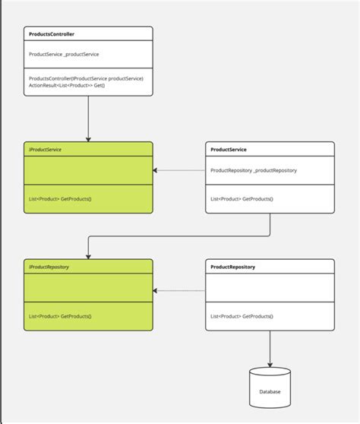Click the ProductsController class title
point(51,34)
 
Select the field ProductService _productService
point(64,54)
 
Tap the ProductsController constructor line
point(86,78)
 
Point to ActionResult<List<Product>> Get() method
point(67,87)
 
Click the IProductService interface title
point(46,150)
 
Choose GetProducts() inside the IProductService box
point(59,198)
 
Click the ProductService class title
point(228,150)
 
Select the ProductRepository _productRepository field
point(253,170)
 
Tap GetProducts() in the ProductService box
point(242,198)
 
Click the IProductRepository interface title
point(49,267)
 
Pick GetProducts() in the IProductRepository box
point(59,315)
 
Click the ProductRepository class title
point(232,267)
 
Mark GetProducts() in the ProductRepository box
point(242,315)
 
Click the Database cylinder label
point(270,391)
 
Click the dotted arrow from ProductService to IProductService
point(179,170)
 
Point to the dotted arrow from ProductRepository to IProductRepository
point(179,290)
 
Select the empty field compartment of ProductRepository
point(270,289)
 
